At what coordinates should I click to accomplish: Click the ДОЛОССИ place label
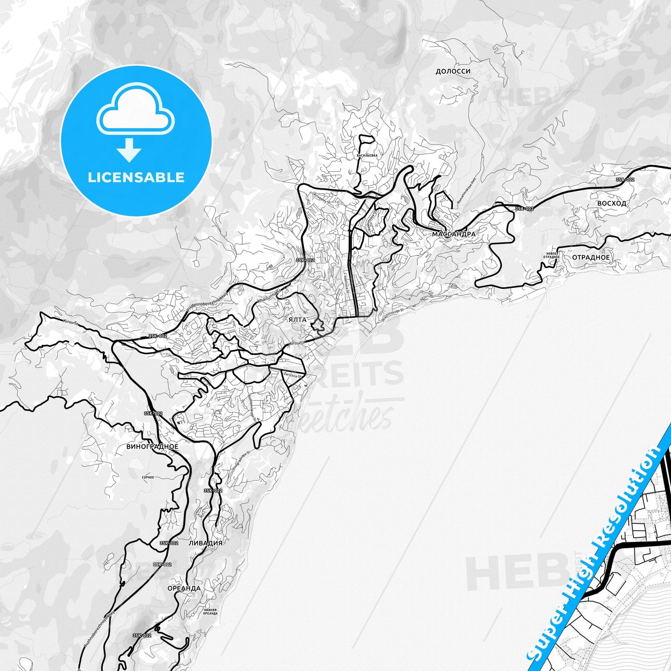(453, 72)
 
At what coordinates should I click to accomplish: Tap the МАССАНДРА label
(454, 235)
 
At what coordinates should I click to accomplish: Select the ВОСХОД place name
(612, 203)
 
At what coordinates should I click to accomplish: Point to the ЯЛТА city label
(297, 320)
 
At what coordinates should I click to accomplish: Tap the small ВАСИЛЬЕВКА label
(367, 156)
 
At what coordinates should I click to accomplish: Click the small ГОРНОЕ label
(148, 477)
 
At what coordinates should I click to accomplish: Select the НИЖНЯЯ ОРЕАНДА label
(210, 611)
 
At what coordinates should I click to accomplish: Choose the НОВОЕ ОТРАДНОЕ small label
(551, 255)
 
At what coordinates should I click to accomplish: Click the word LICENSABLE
(136, 177)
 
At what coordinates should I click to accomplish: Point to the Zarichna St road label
(293, 374)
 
